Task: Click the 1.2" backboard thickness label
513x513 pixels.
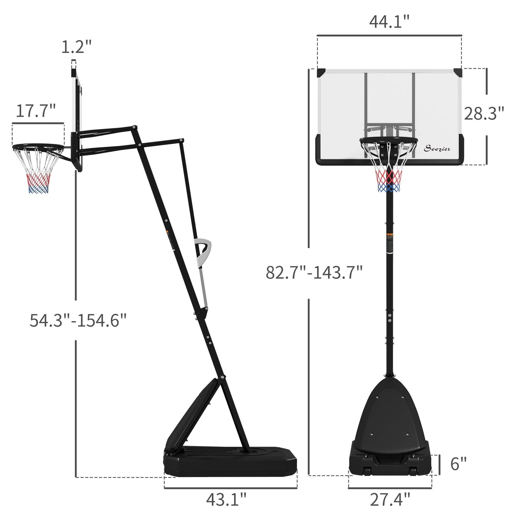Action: (x=76, y=47)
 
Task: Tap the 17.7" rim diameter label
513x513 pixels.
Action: (x=36, y=111)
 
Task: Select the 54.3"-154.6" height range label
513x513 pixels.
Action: (x=78, y=320)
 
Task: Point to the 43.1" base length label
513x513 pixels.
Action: (x=226, y=500)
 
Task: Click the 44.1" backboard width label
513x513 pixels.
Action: (x=389, y=22)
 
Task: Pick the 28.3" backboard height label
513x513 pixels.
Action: (x=484, y=114)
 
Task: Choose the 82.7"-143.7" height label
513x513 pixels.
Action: (x=314, y=273)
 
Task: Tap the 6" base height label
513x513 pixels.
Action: (x=458, y=464)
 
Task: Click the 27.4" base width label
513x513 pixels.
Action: (x=390, y=500)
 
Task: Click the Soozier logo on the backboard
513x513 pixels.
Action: (x=437, y=149)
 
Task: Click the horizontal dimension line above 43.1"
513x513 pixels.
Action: (x=230, y=488)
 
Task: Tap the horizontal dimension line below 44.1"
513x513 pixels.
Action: (x=389, y=36)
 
